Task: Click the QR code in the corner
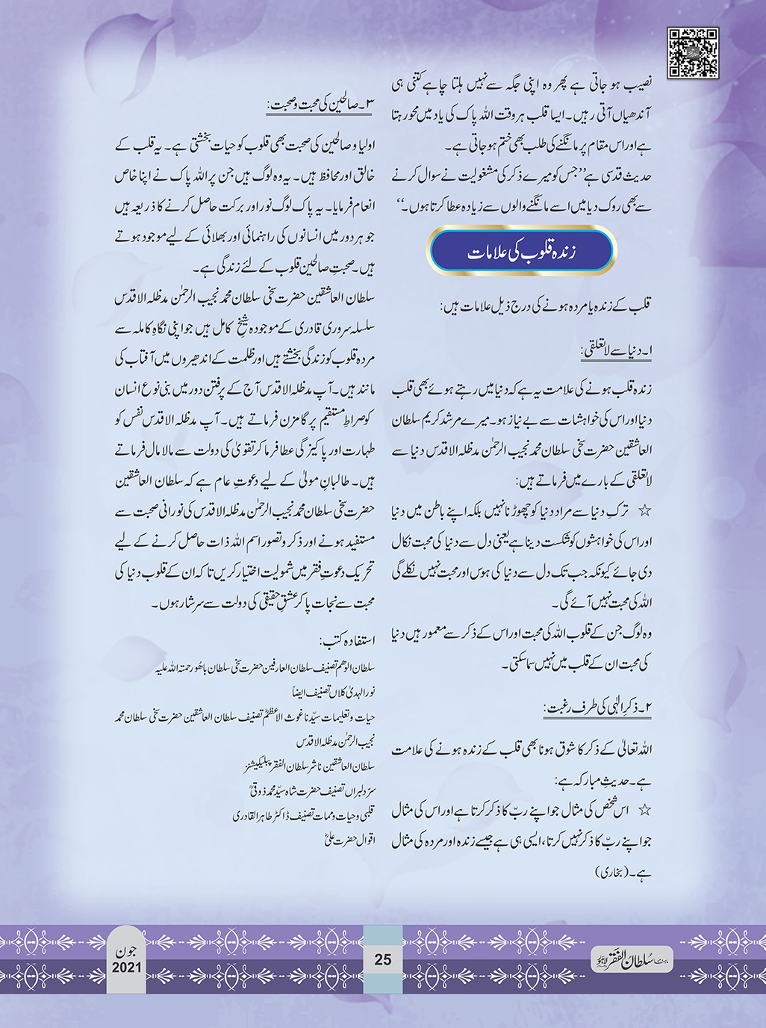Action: point(692,53)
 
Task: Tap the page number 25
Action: point(382,959)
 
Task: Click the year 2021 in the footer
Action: point(126,967)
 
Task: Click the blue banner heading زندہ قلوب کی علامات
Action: point(521,252)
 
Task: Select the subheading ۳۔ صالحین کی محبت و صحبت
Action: point(320,105)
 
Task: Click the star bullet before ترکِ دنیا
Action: point(644,510)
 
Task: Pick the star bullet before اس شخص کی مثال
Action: point(644,809)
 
